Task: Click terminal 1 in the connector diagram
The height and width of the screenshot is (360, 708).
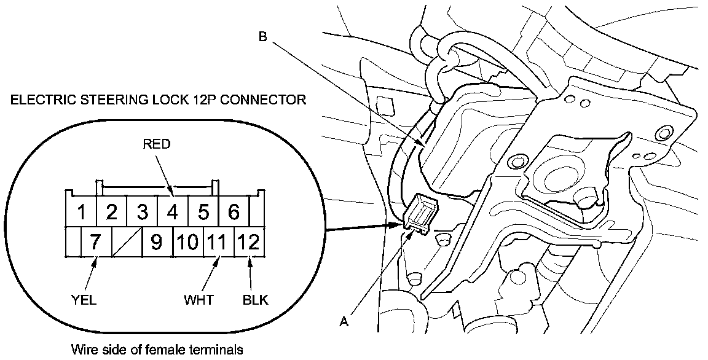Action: coord(81,213)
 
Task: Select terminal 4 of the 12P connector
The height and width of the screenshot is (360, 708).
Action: coord(173,213)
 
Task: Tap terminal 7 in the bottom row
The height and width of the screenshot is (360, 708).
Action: coord(95,242)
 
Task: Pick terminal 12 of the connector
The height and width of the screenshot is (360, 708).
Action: coord(250,242)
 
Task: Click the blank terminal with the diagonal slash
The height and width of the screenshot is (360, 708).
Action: coord(127,242)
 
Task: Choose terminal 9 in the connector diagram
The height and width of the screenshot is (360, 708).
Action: coord(157,242)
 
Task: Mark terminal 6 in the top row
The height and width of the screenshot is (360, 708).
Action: coord(234,213)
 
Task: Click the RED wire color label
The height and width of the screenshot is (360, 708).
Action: coord(155,144)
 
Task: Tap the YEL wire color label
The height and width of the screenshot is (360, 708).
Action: coord(84,300)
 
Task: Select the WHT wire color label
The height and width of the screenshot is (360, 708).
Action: coord(198,300)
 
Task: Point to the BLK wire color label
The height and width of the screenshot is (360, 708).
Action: coord(256,300)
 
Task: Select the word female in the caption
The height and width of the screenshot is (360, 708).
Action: coord(167,350)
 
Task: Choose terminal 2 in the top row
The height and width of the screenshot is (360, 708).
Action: coord(111,213)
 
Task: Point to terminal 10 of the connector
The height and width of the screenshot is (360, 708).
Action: coord(188,242)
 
